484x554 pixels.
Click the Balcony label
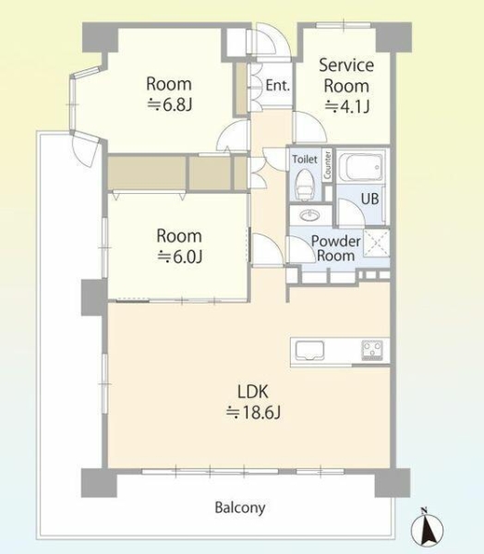[240, 508]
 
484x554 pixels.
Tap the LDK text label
[252, 391]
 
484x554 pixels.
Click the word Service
[346, 66]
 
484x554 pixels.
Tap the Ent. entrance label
[278, 86]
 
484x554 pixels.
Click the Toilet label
[305, 160]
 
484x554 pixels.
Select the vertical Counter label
[327, 164]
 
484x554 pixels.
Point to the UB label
[369, 199]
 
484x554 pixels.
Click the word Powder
[335, 241]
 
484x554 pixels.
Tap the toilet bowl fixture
[305, 184]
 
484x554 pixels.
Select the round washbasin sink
[311, 215]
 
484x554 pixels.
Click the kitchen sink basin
[309, 351]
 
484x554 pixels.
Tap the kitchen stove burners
[372, 350]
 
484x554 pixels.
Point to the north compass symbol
[427, 525]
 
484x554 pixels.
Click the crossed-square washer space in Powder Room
[377, 243]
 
